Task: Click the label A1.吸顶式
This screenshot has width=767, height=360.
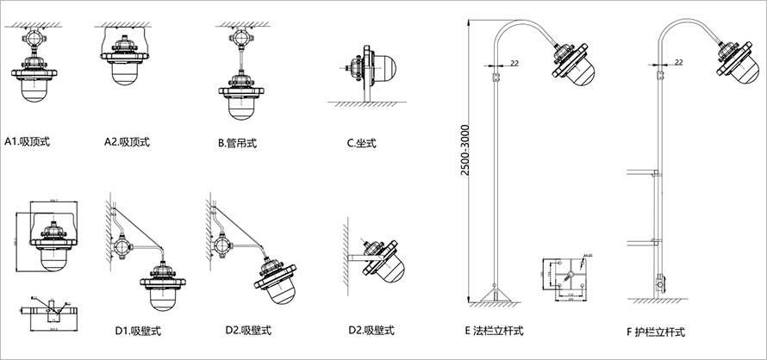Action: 28,140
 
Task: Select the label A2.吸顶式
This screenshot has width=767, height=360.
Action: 128,140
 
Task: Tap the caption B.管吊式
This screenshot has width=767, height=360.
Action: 237,142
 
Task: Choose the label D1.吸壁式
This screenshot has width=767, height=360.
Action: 139,330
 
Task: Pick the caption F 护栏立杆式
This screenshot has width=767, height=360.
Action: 658,331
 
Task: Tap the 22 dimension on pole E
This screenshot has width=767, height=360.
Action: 514,63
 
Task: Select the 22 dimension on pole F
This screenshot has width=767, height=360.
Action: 679,63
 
